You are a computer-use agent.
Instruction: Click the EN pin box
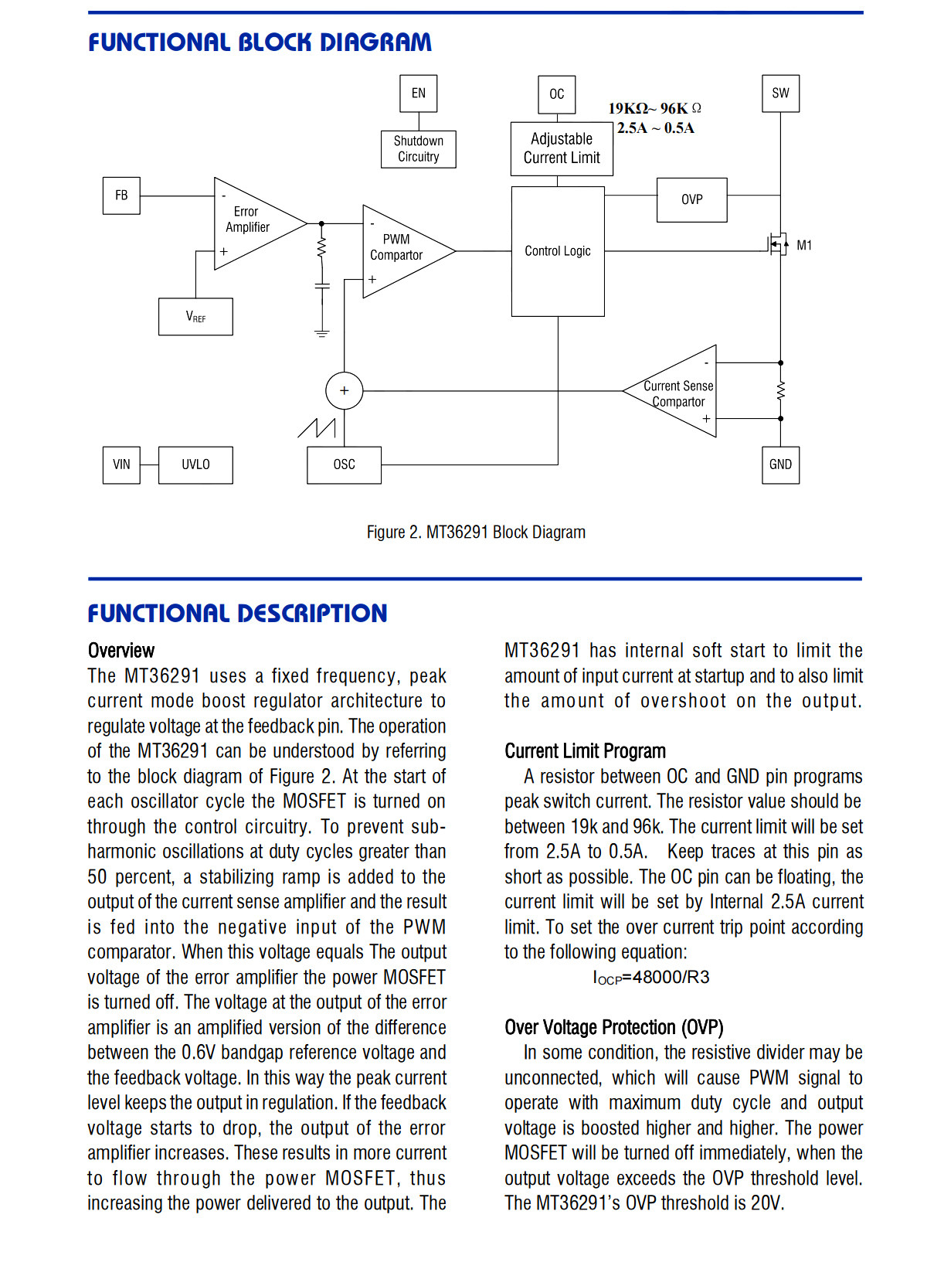418,94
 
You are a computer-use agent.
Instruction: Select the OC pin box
557,94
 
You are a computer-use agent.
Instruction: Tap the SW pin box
780,94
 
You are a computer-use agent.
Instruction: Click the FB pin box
121,196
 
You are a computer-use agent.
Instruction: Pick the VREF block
195,317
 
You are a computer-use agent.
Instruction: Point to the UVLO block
195,465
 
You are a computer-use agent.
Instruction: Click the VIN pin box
121,465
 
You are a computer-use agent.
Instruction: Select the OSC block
344,465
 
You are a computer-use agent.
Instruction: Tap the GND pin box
780,465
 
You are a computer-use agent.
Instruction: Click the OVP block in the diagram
691,200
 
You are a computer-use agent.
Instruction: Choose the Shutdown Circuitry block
418,149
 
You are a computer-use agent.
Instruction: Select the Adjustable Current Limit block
561,149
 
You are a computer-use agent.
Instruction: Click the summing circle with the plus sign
344,391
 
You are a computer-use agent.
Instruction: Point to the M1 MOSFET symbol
777,245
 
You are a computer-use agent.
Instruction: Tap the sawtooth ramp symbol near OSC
317,428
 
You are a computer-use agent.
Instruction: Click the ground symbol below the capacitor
321,333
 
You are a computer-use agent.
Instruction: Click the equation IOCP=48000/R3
650,977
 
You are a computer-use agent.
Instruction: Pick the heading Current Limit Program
585,750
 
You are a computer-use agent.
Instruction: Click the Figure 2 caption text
476,532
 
